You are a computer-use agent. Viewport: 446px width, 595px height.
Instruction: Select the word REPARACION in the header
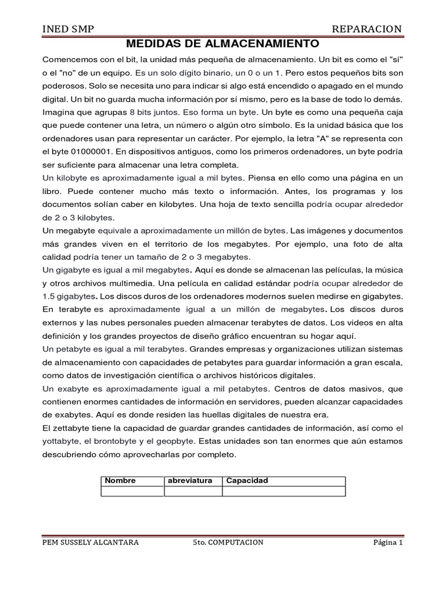click(366, 29)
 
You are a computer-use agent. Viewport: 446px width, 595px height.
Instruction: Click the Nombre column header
click(120, 481)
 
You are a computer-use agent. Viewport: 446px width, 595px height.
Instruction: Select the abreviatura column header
click(190, 481)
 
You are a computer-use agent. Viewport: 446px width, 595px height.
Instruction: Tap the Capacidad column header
click(247, 481)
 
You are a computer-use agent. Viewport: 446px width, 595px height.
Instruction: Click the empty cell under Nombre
click(132, 492)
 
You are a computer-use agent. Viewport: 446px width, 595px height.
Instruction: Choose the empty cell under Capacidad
click(283, 492)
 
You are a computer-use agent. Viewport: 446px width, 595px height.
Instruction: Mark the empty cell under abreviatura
click(193, 492)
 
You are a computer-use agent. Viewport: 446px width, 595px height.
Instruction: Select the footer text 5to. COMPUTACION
click(228, 543)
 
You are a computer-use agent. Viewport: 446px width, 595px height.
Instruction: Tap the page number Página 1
click(387, 543)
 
